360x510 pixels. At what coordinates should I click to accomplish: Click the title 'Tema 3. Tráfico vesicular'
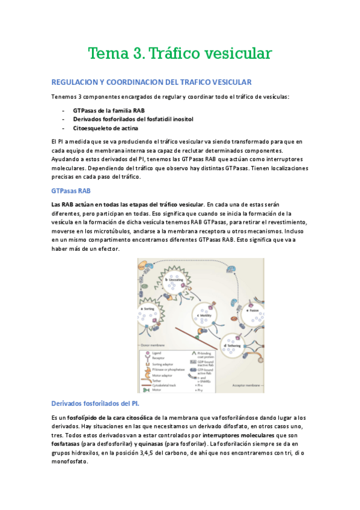(180, 54)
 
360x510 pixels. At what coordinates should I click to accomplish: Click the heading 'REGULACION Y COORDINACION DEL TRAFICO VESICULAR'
(151, 82)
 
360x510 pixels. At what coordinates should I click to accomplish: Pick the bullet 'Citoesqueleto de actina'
(105, 128)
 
